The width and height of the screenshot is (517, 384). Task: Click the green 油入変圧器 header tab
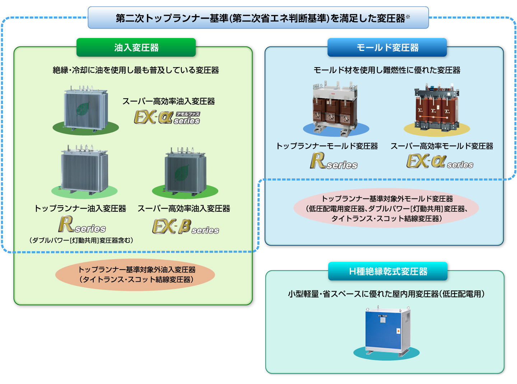pyautogui.click(x=136, y=47)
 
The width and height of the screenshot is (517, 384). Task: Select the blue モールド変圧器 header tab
pyautogui.click(x=387, y=47)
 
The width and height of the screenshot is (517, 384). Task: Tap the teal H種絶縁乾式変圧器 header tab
pyautogui.click(x=388, y=271)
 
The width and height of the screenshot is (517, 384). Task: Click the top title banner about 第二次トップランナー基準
pyautogui.click(x=258, y=18)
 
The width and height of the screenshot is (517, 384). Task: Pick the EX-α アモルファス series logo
pyautogui.click(x=167, y=117)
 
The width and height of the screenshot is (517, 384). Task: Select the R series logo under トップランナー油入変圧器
pyautogui.click(x=82, y=225)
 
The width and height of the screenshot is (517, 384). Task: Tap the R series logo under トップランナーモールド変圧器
pyautogui.click(x=334, y=161)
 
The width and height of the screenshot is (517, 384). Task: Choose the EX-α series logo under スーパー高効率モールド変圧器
pyautogui.click(x=440, y=161)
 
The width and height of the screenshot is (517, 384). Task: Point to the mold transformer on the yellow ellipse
pyautogui.click(x=437, y=108)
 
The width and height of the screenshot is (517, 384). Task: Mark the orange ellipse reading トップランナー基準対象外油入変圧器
pyautogui.click(x=135, y=275)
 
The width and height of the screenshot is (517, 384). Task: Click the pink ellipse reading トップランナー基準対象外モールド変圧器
pyautogui.click(x=386, y=209)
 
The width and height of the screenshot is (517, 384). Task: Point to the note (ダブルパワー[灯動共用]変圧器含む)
pyautogui.click(x=81, y=240)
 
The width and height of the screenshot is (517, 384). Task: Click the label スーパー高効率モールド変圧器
pyautogui.click(x=442, y=146)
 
